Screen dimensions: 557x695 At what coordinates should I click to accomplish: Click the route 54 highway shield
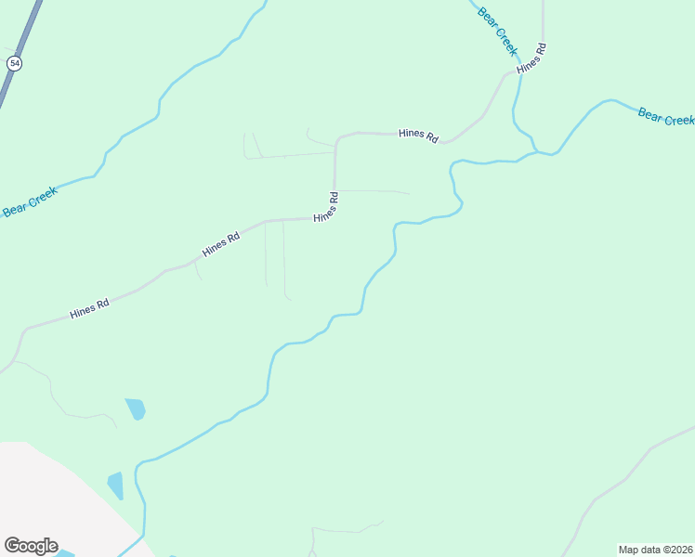click(14, 63)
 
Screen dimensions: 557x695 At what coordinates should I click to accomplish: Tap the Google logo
click(31, 546)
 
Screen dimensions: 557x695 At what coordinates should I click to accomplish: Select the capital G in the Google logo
click(11, 546)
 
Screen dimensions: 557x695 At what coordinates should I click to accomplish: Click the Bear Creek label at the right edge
click(665, 117)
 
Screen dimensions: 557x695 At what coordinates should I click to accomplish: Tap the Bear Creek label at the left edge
click(29, 201)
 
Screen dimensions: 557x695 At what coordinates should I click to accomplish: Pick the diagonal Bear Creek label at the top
click(496, 29)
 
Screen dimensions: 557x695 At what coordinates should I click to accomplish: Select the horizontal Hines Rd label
click(417, 135)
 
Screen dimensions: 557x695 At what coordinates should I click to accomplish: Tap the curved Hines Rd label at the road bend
click(325, 206)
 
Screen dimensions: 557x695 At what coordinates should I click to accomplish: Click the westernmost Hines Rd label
click(89, 308)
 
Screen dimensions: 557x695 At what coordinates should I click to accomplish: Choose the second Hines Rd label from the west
click(221, 244)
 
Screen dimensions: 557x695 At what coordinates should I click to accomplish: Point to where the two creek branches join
click(537, 152)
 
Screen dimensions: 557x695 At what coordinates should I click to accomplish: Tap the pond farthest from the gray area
click(136, 408)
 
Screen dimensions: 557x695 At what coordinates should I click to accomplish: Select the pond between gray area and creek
click(115, 486)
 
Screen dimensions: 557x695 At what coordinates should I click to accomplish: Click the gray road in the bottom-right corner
click(641, 460)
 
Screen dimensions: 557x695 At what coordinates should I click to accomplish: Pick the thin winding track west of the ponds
click(56, 399)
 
